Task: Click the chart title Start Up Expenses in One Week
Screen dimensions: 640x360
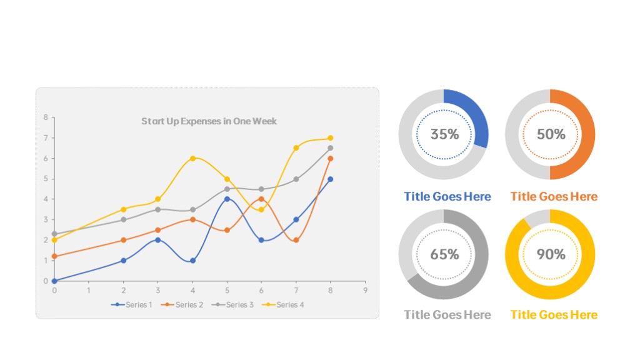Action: coord(209,121)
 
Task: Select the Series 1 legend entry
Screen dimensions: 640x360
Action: coord(131,304)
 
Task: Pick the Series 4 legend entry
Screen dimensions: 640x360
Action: coord(283,304)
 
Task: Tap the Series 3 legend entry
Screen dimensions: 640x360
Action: coord(232,304)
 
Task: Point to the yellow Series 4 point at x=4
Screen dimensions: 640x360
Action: coord(192,158)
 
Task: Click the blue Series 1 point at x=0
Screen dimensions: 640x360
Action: coord(54,281)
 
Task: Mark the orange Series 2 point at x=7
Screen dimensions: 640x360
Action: coord(296,241)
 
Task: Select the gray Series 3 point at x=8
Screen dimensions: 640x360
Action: coord(330,148)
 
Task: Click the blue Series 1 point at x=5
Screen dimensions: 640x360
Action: coord(227,199)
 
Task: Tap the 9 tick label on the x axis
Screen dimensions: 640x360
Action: coord(365,291)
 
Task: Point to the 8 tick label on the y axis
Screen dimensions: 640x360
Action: coord(46,117)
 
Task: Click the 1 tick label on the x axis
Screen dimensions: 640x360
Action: coord(89,291)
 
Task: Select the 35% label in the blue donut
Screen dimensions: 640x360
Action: coord(445,134)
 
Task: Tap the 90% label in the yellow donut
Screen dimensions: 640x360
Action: coord(551,254)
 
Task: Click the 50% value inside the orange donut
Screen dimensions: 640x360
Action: coord(551,134)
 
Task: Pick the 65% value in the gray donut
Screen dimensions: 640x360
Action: coord(445,254)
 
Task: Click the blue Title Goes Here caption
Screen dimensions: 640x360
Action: coord(447,196)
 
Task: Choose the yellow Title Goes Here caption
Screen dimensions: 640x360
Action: coord(554,315)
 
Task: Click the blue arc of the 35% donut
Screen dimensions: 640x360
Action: coord(474,112)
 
